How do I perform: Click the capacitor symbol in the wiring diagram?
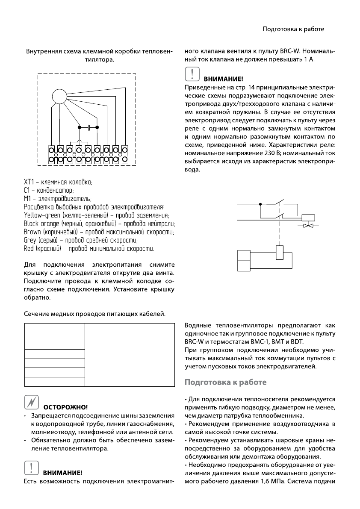tap(89, 127)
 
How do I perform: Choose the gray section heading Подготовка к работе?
tap(225, 382)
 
